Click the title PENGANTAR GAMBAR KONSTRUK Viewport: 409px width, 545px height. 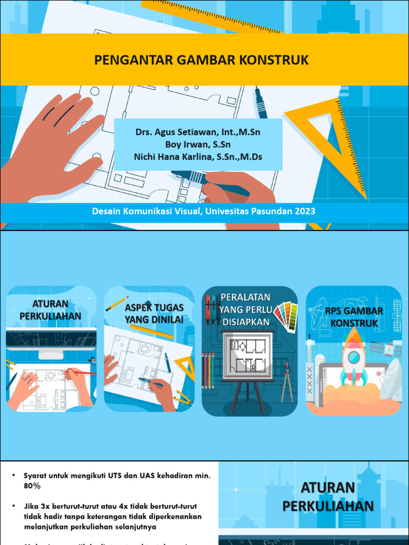tap(201, 60)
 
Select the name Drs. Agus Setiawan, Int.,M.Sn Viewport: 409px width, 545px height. tap(198, 132)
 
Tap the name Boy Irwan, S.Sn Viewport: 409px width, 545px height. tap(198, 144)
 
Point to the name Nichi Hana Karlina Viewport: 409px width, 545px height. tap(181, 156)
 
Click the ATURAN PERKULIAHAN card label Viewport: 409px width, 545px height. tap(51, 310)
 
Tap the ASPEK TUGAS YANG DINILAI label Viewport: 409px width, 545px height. tap(154, 313)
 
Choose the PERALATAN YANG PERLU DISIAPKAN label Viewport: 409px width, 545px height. tap(246, 309)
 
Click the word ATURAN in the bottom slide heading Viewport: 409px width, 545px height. tap(328, 488)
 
